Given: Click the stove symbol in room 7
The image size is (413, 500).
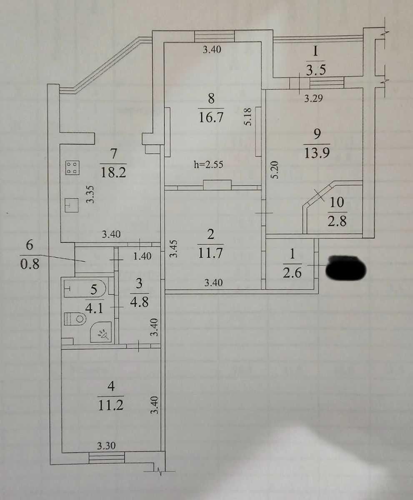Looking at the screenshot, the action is click(x=73, y=168).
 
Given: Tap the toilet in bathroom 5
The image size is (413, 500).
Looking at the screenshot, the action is click(x=75, y=319).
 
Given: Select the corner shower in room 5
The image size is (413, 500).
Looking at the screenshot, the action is click(x=100, y=332).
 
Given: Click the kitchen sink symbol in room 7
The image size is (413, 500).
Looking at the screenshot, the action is click(x=71, y=205).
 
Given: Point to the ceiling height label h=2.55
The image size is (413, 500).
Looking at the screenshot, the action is click(x=208, y=165).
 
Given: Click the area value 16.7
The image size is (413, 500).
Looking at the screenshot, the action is click(x=211, y=117).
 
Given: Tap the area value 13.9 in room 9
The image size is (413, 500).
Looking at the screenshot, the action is click(x=317, y=153).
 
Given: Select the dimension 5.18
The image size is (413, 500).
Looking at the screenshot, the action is click(x=249, y=117).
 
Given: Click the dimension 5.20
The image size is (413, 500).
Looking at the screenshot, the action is click(x=275, y=170).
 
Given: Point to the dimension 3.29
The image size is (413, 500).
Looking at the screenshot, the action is click(x=313, y=98).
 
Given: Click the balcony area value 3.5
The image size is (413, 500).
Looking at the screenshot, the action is click(x=316, y=70).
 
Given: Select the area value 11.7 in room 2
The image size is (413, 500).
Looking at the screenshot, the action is click(x=210, y=253).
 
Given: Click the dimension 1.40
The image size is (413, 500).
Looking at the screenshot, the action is click(x=142, y=256).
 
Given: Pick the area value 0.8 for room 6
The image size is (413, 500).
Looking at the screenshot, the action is click(x=30, y=264).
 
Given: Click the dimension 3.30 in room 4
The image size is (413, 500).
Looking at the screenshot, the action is click(x=106, y=446).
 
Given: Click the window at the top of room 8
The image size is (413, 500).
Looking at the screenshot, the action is click(x=214, y=36).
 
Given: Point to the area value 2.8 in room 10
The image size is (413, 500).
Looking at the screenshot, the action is click(x=337, y=221).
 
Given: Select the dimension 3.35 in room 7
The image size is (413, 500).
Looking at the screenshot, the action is click(x=90, y=195).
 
